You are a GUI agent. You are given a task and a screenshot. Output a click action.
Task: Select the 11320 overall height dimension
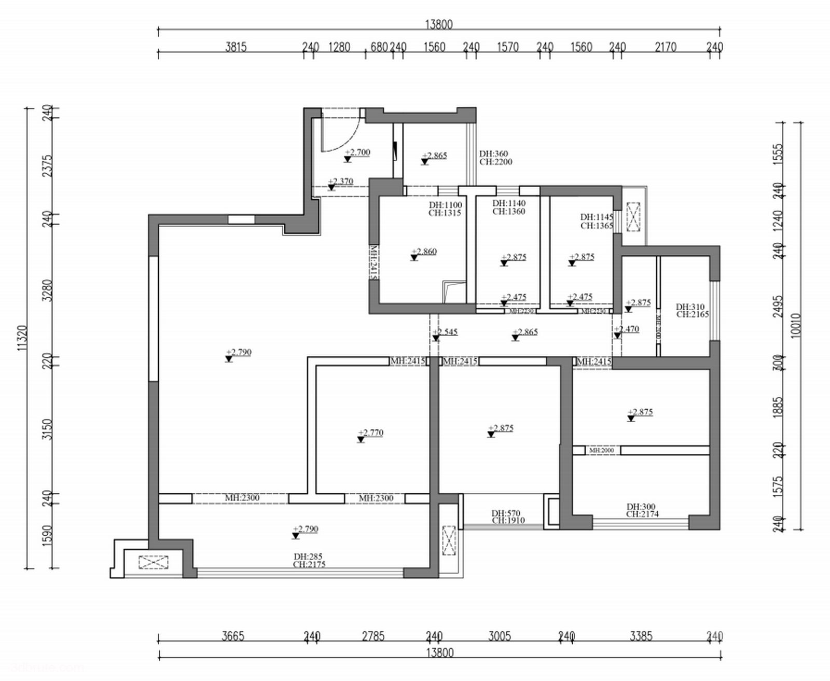(x=21, y=338)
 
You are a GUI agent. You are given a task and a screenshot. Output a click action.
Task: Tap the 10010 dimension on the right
(x=797, y=325)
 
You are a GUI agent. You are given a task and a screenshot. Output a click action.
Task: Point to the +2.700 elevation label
(x=358, y=152)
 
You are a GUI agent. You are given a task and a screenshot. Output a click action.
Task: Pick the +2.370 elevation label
(x=341, y=182)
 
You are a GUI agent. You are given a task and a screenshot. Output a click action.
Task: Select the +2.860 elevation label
(x=424, y=252)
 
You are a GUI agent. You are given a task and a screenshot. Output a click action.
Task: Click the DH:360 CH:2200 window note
(x=495, y=158)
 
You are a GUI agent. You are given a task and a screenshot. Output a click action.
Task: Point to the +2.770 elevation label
(x=371, y=433)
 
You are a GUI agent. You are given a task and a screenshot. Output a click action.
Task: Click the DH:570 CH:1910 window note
(x=508, y=517)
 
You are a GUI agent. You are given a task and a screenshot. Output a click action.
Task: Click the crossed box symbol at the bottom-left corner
(x=154, y=562)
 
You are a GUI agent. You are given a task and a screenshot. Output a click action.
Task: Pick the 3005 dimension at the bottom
(x=499, y=636)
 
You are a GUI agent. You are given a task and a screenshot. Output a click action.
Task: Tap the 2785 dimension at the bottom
(x=374, y=636)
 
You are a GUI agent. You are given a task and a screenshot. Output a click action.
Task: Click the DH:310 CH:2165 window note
(x=691, y=311)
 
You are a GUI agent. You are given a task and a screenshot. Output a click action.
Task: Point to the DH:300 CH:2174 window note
(x=642, y=510)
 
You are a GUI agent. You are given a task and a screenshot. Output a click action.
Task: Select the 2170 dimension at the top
(x=665, y=47)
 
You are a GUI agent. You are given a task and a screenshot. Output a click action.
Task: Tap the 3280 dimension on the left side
(x=47, y=290)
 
